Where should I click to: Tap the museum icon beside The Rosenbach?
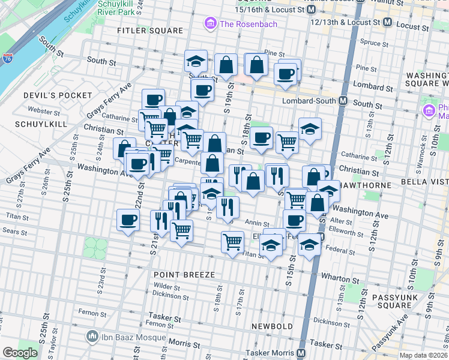pos(211,24)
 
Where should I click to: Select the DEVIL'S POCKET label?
pos(58,95)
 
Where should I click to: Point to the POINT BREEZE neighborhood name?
pos(184,274)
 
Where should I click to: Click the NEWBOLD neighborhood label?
pos(272,326)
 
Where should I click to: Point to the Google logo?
pos(20,352)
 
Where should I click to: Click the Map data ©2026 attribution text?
pos(423,355)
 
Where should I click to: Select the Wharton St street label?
pos(339,279)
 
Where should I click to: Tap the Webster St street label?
pos(41,111)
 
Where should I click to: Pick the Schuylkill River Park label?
pos(116,7)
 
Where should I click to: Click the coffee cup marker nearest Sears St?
pos(128,220)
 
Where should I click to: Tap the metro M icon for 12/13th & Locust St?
pos(387,22)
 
